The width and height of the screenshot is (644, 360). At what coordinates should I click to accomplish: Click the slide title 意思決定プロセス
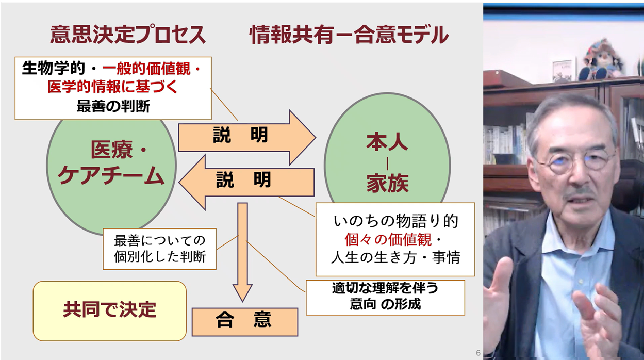(127, 35)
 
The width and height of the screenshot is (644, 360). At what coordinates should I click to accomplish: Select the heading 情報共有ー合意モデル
(349, 35)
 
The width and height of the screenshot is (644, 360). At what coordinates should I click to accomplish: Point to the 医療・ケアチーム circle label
(111, 164)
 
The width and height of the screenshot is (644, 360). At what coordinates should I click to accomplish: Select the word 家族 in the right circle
(387, 184)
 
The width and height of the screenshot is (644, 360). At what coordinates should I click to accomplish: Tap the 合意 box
(244, 321)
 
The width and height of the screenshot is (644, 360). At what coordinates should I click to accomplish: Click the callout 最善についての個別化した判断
(159, 249)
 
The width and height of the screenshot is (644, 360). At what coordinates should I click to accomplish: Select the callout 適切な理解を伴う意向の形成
(385, 297)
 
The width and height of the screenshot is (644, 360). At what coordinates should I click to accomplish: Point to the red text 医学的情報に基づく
(112, 87)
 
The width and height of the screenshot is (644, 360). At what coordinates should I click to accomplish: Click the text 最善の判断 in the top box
(113, 106)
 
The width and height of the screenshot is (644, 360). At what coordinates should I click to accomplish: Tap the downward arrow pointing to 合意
(242, 253)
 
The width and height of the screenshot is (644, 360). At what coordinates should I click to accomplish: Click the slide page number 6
(478, 353)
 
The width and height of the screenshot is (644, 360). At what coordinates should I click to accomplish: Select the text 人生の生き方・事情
(395, 257)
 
